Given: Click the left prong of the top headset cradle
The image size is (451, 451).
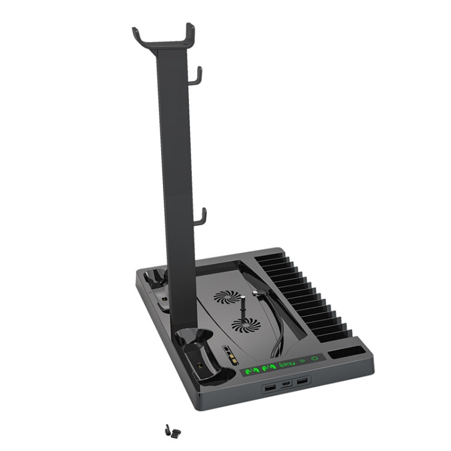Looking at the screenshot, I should [x=138, y=34].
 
